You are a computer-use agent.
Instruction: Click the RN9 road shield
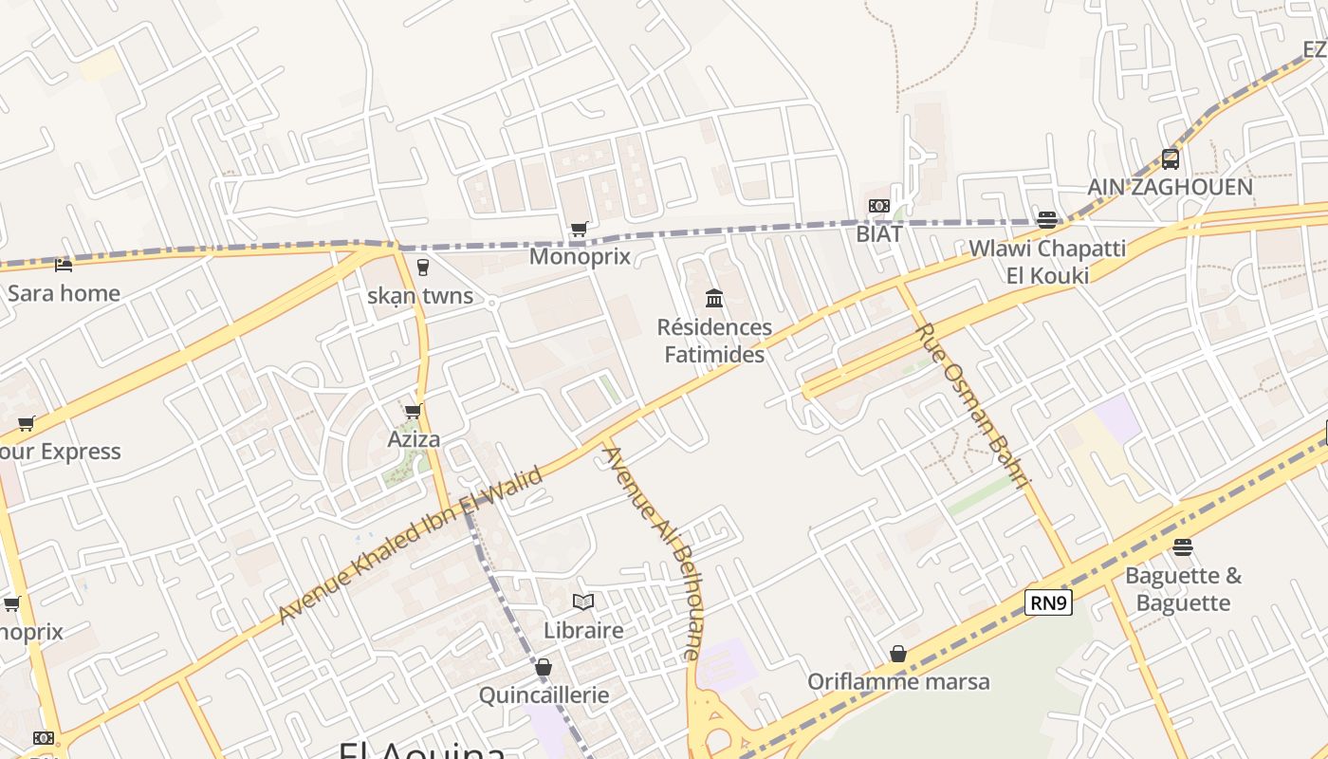pos(1048,602)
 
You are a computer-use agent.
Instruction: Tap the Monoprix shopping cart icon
pos(579,229)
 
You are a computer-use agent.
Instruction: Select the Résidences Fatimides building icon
pos(714,300)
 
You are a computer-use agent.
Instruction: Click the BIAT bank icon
pos(879,206)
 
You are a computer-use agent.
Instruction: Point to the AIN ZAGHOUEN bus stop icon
pos(1171,158)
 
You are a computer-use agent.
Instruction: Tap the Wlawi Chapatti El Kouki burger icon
pos(1047,220)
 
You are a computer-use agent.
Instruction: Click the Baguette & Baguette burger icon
pos(1182,546)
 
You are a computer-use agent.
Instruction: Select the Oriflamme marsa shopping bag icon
pos(898,654)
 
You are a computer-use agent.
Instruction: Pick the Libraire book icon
pos(583,602)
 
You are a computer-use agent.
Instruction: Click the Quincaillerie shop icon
pos(544,667)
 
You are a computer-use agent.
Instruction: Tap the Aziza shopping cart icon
pos(413,411)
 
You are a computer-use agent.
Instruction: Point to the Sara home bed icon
pos(64,265)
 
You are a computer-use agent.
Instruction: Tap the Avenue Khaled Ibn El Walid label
pos(410,545)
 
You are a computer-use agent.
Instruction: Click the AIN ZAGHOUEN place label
pos(1170,187)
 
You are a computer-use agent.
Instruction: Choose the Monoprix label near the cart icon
pos(580,256)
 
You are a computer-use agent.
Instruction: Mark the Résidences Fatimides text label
pos(715,341)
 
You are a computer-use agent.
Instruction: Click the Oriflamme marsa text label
pos(898,681)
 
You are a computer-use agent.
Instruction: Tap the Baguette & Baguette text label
pos(1183,589)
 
